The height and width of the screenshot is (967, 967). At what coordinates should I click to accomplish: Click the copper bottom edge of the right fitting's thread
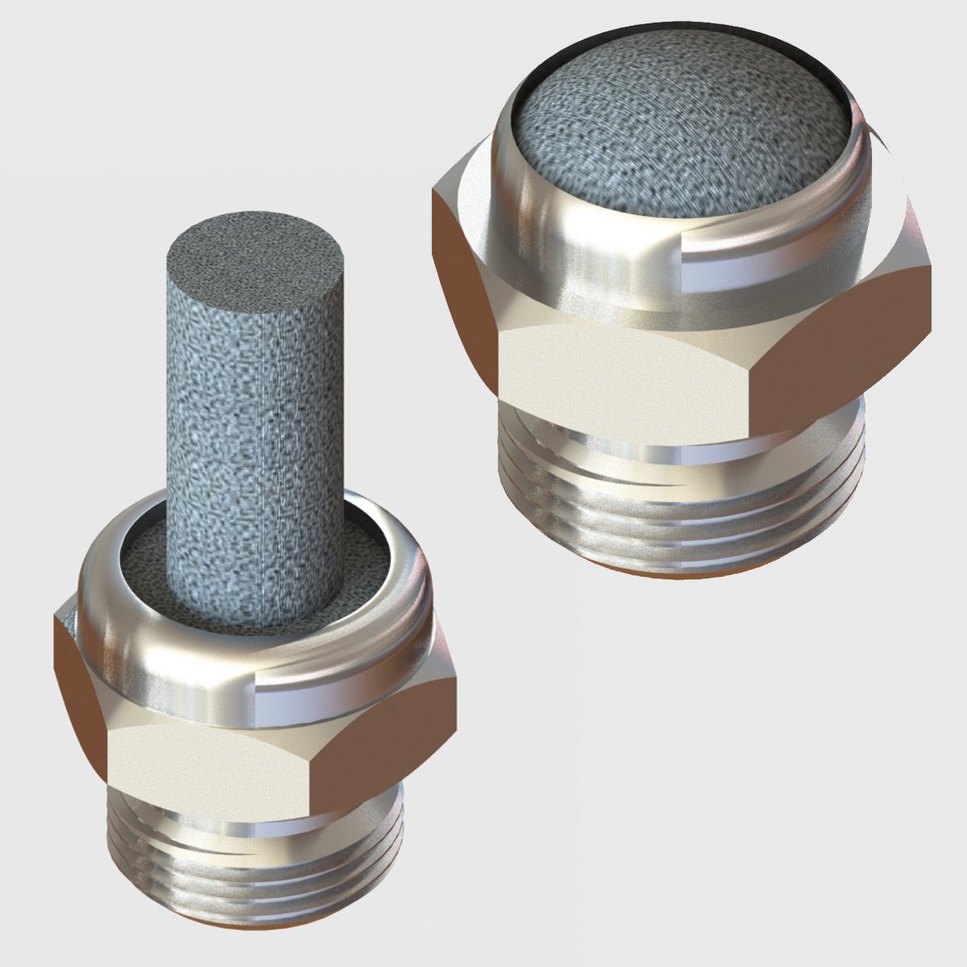coord(677,574)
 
